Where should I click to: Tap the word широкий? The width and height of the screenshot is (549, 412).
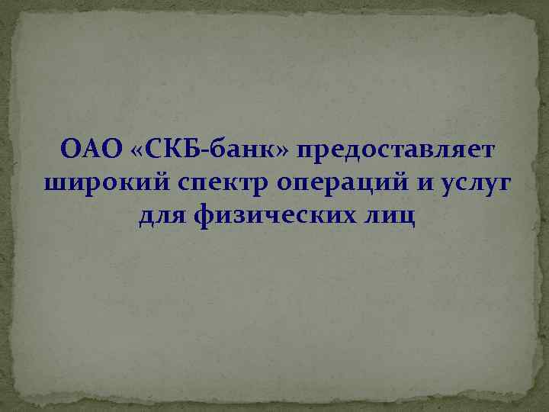pos(98,184)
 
